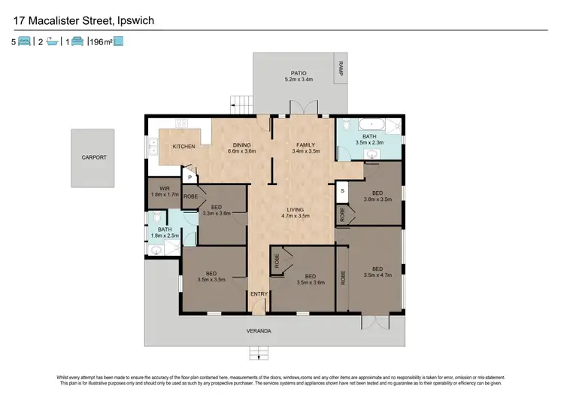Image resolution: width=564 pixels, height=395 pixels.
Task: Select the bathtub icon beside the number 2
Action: tap(53, 43)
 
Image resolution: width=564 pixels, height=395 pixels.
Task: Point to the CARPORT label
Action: tap(94, 158)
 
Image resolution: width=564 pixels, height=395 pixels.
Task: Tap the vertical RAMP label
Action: tap(341, 68)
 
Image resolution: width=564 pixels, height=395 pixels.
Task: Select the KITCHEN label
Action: tap(184, 147)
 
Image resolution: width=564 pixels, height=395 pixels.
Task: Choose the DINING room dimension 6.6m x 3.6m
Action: tap(242, 151)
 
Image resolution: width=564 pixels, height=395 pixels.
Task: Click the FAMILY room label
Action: tap(305, 144)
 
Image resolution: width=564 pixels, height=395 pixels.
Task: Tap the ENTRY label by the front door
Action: tap(259, 294)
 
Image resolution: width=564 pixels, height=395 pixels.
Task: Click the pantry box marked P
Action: tap(190, 178)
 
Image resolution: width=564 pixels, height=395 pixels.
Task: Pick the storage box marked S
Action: tap(342, 191)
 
